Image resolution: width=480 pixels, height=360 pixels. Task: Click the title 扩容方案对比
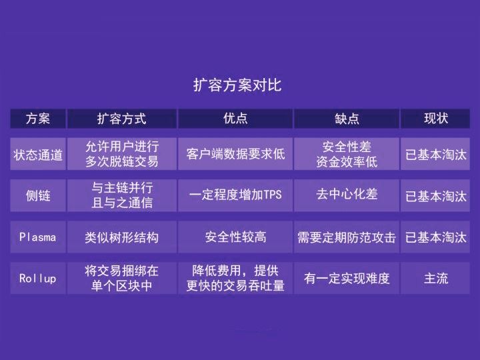pos(237,85)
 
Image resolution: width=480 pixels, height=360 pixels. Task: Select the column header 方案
pos(38,119)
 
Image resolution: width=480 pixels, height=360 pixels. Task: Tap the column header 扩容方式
pos(122,119)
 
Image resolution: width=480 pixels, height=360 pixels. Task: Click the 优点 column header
pos(235,118)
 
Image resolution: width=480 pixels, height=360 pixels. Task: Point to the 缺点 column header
pos(347,119)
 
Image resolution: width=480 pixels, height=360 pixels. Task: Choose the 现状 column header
pos(436,118)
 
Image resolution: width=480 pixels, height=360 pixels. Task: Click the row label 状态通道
pos(38,155)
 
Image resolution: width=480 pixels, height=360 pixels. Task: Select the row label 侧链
pos(38,195)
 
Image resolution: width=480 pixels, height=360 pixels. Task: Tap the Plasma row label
pos(38,237)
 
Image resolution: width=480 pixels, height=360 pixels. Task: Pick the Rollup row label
pos(38,278)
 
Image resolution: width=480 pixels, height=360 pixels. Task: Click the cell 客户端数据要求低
pos(235,154)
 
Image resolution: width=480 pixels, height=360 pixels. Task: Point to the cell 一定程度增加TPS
pos(235,195)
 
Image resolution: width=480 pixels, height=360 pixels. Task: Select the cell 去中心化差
pos(347,194)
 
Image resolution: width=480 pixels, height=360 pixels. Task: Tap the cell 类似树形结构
pos(122,237)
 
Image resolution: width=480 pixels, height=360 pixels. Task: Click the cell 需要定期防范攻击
pos(347,237)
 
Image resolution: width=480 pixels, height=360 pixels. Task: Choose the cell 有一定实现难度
pos(347,278)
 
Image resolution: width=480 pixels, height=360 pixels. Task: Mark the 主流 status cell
pos(436,279)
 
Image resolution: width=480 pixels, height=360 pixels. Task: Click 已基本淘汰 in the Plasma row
pos(436,237)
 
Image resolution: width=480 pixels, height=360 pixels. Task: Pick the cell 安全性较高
pos(235,237)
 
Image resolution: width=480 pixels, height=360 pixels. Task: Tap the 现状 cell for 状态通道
pos(436,155)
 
